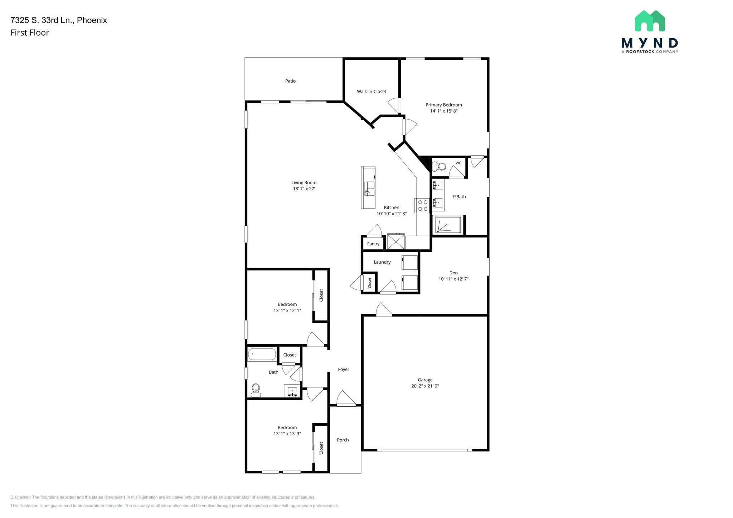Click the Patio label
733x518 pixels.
pos(290,81)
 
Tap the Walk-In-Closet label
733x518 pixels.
pos(372,92)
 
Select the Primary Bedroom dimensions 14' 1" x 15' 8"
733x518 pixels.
pos(443,111)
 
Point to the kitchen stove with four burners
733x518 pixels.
pos(423,205)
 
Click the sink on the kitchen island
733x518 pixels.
pos(369,188)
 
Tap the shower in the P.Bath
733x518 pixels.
pos(448,225)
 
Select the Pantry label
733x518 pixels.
pos(373,244)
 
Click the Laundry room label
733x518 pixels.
pos(382,262)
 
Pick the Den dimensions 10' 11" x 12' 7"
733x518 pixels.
pos(453,279)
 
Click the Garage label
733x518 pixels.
pos(425,380)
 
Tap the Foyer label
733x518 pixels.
pos(343,370)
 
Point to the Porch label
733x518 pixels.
pos(343,440)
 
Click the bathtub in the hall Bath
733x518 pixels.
pos(262,354)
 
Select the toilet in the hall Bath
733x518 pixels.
pos(256,390)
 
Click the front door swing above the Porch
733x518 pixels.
pos(345,399)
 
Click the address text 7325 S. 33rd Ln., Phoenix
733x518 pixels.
pos(59,20)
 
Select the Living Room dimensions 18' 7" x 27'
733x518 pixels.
pos(304,189)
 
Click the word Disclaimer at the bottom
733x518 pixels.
pos(21,497)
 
